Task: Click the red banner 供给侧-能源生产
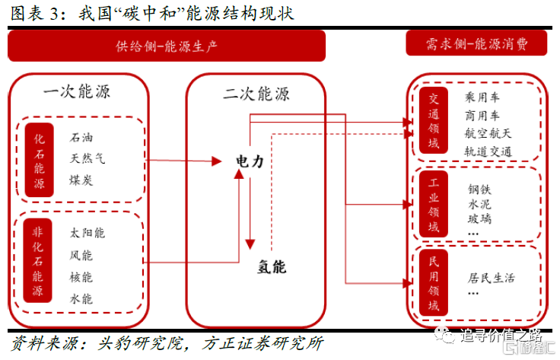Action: click(x=167, y=46)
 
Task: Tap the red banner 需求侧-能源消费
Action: click(x=477, y=44)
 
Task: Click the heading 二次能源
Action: click(x=256, y=93)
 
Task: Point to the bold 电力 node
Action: click(x=250, y=162)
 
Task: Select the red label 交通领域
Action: click(x=434, y=123)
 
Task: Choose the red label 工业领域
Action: click(x=434, y=206)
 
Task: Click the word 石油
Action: click(x=81, y=138)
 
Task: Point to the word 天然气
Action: click(x=87, y=159)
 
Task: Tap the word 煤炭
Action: click(x=81, y=180)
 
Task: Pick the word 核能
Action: click(x=81, y=276)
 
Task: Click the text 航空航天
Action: click(x=488, y=133)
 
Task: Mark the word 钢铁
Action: click(x=480, y=188)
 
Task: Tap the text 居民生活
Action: click(x=491, y=278)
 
